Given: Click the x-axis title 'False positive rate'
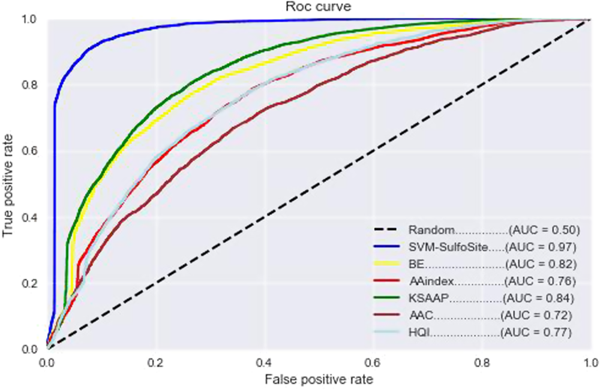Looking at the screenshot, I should pos(319,379).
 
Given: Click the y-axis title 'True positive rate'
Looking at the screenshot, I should pos(8,184).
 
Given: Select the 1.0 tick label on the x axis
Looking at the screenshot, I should pos(590,362).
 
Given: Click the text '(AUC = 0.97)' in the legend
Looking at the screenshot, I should pos(542,247).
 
